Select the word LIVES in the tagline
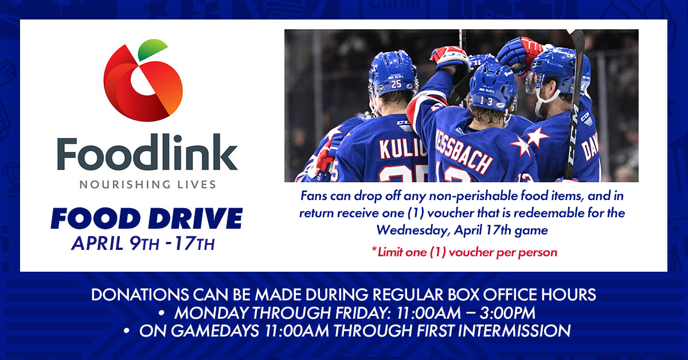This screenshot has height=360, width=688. click(x=197, y=185)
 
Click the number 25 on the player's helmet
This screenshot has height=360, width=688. click(x=396, y=84)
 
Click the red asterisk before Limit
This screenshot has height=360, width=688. click(x=374, y=251)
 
